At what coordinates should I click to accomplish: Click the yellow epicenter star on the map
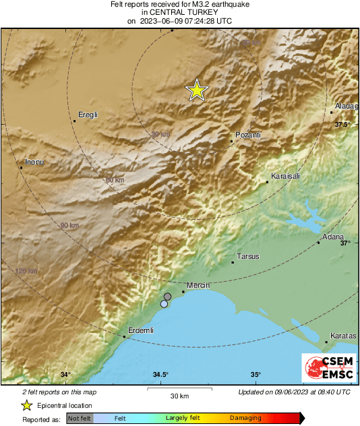(x=196, y=90)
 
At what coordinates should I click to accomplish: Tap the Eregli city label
(x=89, y=115)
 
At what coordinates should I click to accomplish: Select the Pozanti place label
(x=247, y=135)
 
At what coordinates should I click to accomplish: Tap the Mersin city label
(x=199, y=286)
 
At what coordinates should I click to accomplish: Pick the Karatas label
(x=342, y=336)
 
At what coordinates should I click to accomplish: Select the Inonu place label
(x=34, y=162)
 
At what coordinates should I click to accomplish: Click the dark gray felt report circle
(x=168, y=297)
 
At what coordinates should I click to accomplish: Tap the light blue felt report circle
(x=164, y=304)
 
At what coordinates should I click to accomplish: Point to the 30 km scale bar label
(x=179, y=395)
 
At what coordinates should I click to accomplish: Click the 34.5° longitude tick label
(x=160, y=375)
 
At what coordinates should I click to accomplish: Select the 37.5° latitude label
(x=343, y=125)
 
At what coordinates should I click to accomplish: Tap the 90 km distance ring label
(x=69, y=225)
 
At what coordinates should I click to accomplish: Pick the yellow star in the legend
(x=26, y=405)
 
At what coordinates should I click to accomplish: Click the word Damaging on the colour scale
(x=245, y=418)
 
